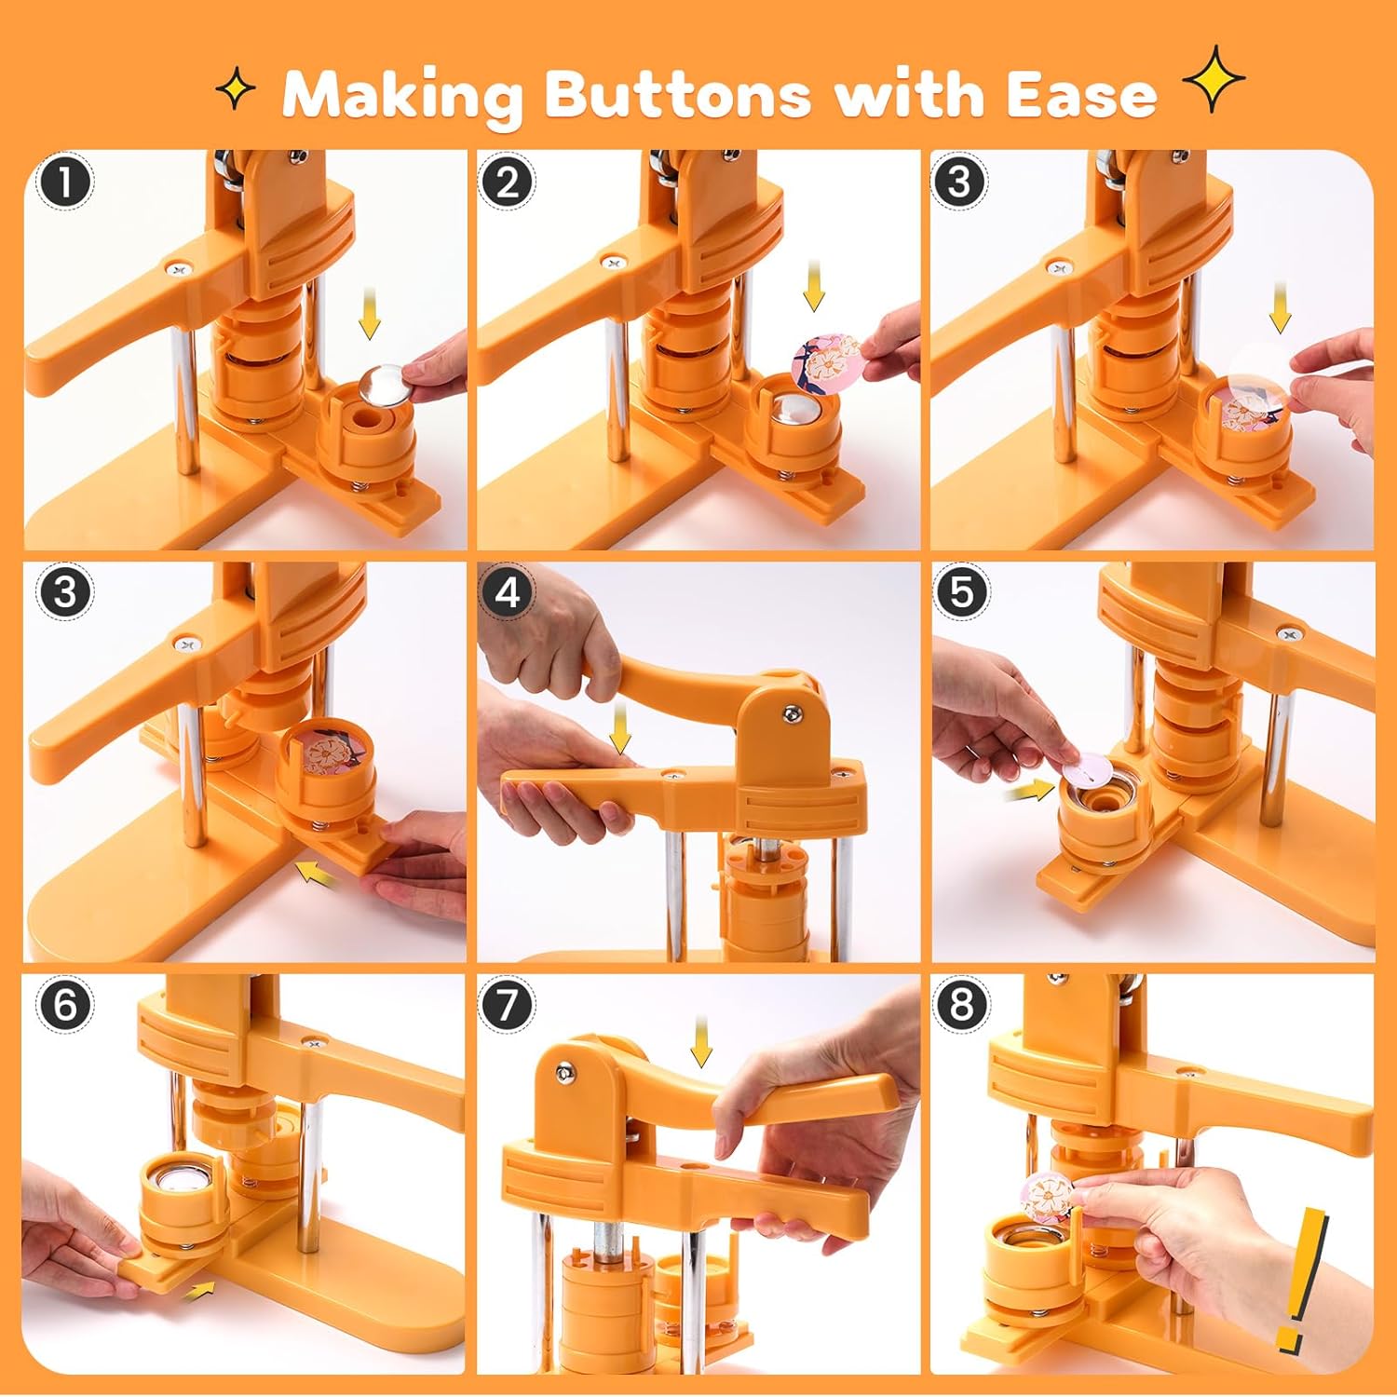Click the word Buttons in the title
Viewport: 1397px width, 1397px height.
click(677, 94)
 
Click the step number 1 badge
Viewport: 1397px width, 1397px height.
click(65, 182)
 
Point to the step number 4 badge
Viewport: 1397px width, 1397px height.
click(507, 593)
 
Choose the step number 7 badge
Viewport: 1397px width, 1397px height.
click(507, 1005)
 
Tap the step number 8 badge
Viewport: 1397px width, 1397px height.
click(960, 1005)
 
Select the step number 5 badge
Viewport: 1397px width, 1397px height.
click(960, 593)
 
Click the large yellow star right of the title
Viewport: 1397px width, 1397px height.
click(1214, 79)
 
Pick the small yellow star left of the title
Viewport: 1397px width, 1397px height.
click(236, 90)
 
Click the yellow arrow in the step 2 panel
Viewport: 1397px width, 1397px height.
click(814, 286)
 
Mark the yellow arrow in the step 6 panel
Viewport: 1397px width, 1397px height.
click(199, 1291)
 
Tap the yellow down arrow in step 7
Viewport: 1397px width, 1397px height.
click(701, 1042)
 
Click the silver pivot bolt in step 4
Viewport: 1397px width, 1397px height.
click(791, 712)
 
